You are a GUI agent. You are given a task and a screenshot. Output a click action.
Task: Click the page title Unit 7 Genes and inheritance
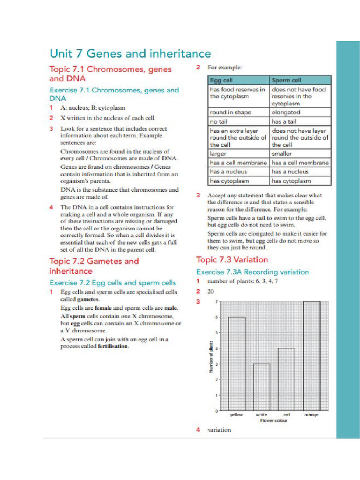pos(130,53)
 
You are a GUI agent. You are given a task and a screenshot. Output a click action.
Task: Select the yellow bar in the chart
pos(237,364)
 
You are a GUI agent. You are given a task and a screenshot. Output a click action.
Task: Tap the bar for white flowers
pos(262,387)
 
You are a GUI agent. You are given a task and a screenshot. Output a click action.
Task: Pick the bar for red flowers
pos(286,379)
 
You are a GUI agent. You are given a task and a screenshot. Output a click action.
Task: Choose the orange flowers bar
pos(312,356)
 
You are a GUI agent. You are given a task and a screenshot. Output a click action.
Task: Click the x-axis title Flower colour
pos(274,420)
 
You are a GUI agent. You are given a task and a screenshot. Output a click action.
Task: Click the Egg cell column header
pos(221,81)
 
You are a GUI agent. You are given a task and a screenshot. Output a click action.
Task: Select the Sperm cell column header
pos(286,81)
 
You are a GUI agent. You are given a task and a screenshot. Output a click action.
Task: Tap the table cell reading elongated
pos(286,112)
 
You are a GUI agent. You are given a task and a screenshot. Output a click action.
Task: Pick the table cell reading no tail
pos(218,121)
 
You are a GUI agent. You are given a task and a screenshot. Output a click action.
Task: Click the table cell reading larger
pos(218,154)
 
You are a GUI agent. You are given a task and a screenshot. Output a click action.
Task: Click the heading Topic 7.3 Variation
pos(232,260)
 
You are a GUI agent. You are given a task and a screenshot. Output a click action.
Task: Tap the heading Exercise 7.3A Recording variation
pos(253,272)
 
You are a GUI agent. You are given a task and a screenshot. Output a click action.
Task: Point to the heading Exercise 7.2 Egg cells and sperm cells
pos(113,283)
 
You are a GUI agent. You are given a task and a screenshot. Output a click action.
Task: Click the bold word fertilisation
pos(112,346)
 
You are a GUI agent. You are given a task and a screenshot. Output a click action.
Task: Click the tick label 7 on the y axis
pos(216,302)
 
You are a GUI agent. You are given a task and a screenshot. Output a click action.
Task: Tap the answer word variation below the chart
pos(219,430)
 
